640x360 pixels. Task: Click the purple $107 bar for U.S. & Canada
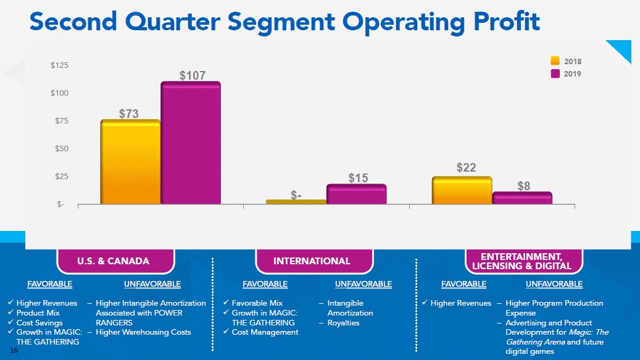coord(191,143)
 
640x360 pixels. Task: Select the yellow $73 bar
coord(130,162)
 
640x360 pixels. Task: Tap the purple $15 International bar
coord(357,194)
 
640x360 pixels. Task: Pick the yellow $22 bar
coord(462,190)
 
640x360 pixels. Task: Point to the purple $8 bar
coord(522,198)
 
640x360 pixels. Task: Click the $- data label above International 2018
coord(296,195)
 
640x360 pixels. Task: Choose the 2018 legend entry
coord(566,61)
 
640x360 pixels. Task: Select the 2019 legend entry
coord(566,73)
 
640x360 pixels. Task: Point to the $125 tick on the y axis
coord(59,65)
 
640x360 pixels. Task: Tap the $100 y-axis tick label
coord(59,93)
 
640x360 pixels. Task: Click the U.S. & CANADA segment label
coord(113,261)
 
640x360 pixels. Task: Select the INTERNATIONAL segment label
coord(312,261)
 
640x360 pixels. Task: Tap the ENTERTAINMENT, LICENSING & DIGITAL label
coord(521,261)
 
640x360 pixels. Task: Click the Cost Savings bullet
coord(39,323)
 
